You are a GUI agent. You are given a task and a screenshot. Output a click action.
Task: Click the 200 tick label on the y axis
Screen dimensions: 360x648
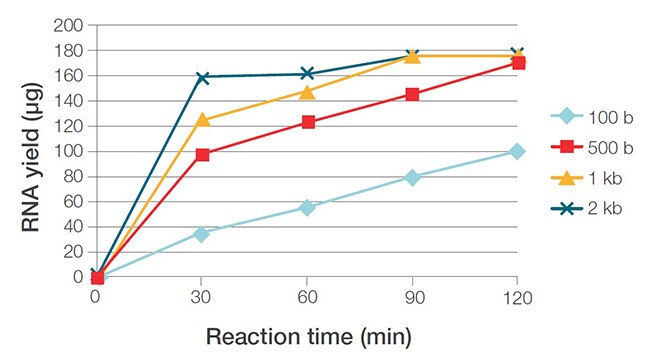(x=69, y=25)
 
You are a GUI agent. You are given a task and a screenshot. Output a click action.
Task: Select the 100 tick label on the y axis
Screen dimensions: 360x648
(x=69, y=152)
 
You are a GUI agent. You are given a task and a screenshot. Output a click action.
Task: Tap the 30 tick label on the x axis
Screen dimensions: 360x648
(x=201, y=296)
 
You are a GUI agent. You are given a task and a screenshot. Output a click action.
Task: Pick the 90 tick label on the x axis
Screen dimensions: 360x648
(x=411, y=296)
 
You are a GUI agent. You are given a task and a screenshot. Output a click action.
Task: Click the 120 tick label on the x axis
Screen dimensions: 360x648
(x=516, y=296)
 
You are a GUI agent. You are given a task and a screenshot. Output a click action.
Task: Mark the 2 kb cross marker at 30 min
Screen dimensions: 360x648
(x=202, y=77)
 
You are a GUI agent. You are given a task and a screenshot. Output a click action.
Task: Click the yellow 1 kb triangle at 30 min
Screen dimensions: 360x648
(x=202, y=119)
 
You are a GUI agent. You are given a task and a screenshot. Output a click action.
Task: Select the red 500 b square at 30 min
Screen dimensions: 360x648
(x=202, y=155)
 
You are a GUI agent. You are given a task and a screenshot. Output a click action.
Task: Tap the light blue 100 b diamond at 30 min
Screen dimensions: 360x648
(x=202, y=234)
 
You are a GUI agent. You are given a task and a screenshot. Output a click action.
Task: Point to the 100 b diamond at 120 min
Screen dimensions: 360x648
(x=516, y=151)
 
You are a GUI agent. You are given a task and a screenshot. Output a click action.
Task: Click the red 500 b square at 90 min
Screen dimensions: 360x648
(x=411, y=95)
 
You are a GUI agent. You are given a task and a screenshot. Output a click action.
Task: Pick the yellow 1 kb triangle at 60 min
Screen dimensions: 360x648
(x=307, y=92)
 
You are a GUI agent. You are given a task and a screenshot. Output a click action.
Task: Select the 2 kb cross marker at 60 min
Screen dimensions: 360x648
(x=307, y=73)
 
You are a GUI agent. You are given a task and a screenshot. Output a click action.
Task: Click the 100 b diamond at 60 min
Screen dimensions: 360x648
(x=307, y=208)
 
